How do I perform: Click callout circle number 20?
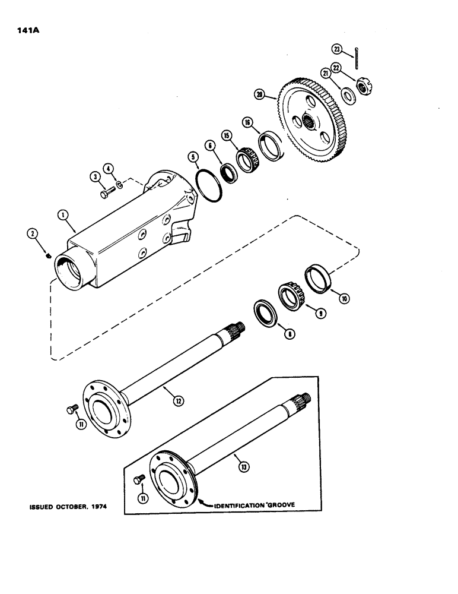coord(259,94)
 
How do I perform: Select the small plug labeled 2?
coord(49,256)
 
